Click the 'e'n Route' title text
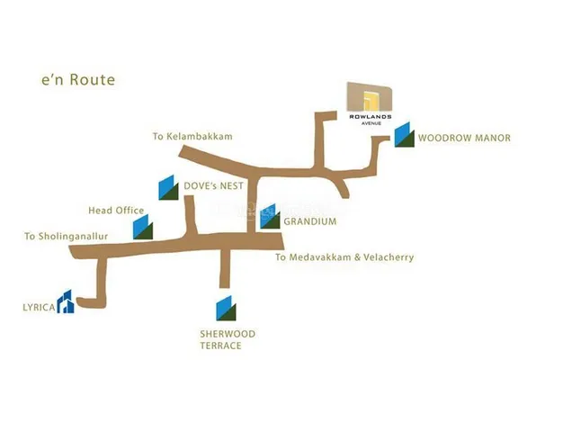(78, 80)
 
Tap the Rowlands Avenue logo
(370, 103)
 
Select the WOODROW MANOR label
(464, 139)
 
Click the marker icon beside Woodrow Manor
(404, 134)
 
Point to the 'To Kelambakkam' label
(192, 137)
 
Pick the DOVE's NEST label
(213, 186)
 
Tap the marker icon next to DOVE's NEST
(169, 186)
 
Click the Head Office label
(116, 211)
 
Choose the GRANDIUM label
(309, 221)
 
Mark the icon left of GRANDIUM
(270, 217)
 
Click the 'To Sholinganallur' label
(67, 237)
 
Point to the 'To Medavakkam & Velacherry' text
(344, 257)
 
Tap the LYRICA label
(39, 307)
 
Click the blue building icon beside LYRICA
(66, 302)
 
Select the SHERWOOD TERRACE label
(228, 339)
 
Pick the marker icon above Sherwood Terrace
(227, 308)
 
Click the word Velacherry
(384, 257)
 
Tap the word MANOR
(490, 139)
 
